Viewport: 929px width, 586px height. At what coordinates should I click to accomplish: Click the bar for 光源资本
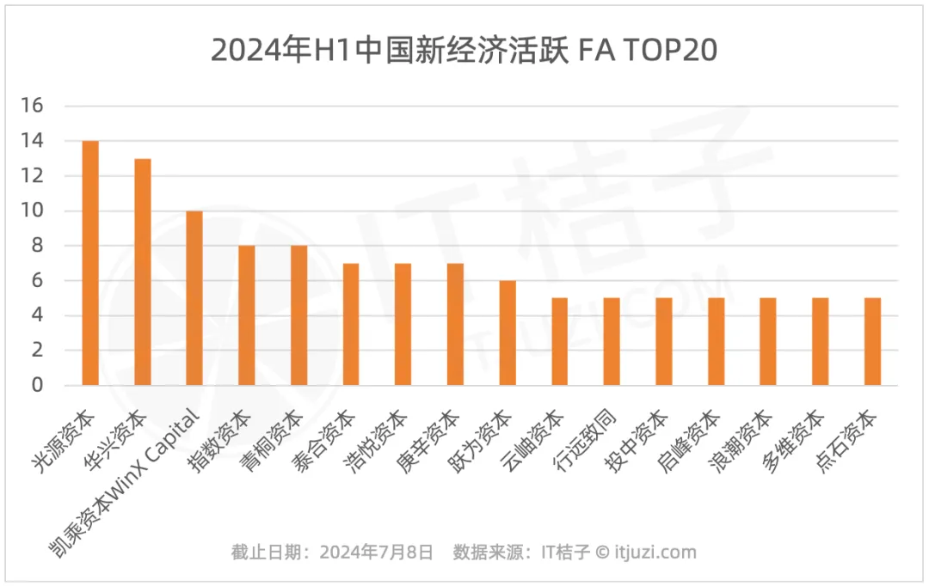(90, 263)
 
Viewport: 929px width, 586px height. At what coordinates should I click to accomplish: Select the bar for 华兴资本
(143, 272)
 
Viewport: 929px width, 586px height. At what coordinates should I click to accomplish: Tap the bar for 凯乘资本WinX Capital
(194, 298)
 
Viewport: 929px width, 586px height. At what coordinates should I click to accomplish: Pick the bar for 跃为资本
(508, 333)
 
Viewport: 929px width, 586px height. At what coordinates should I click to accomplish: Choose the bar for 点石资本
(872, 341)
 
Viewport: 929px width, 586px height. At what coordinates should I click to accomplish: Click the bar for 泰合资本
(351, 324)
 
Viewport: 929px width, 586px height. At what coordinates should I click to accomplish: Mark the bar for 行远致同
(612, 341)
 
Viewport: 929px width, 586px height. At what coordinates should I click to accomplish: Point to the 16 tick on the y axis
(32, 106)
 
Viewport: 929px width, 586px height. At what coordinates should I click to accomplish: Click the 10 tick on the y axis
(32, 211)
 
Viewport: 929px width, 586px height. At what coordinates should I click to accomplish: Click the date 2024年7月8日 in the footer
(376, 552)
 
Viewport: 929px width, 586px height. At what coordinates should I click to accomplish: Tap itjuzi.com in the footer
(656, 552)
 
